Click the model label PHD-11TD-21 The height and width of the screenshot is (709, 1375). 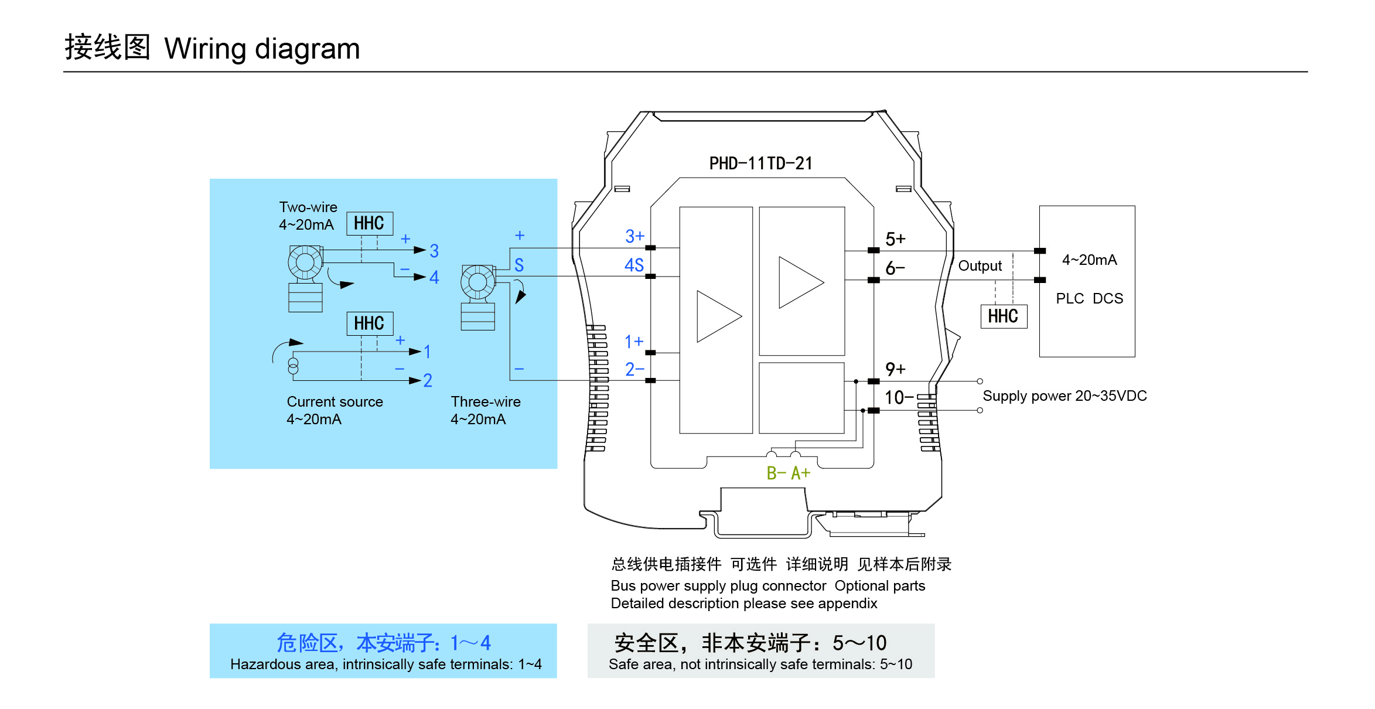[x=760, y=163]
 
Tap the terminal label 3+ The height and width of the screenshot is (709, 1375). [x=634, y=236]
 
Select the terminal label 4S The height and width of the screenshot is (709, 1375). [x=634, y=265]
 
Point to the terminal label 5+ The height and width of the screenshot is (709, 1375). [x=895, y=239]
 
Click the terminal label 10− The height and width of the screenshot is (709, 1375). [x=899, y=398]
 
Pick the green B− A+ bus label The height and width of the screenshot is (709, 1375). [x=788, y=473]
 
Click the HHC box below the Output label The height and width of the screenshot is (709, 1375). [x=1004, y=316]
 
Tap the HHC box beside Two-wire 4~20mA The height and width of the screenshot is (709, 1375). [x=369, y=223]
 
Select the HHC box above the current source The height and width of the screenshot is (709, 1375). [x=369, y=323]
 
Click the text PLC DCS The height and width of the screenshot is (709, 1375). [x=1089, y=298]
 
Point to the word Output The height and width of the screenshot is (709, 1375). [x=980, y=266]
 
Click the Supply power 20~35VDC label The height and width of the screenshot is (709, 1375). [x=1064, y=396]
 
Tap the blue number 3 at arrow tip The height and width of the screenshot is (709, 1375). [x=434, y=251]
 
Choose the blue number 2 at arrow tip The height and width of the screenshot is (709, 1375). [x=428, y=381]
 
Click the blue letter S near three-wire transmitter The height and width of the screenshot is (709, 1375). [x=519, y=265]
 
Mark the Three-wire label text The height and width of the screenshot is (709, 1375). [x=486, y=402]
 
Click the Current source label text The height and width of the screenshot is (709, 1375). [x=335, y=402]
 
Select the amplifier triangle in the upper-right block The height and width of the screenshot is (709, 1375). [x=800, y=282]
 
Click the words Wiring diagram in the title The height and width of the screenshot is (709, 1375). [x=262, y=49]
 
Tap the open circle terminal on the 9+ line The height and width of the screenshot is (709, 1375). [x=980, y=381]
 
